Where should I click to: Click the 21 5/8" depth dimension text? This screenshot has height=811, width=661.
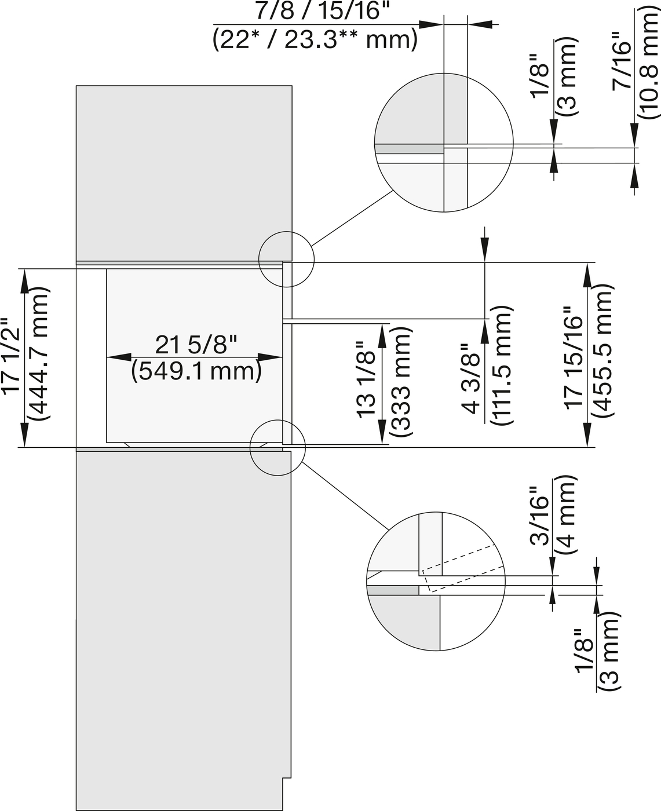click(196, 346)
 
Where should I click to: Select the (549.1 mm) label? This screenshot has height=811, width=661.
click(196, 371)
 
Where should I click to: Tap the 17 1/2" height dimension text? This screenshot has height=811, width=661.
click(12, 356)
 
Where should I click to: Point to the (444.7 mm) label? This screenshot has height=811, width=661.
click(39, 356)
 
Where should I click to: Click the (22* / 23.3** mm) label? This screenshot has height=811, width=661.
click(315, 39)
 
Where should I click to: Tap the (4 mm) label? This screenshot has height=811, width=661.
click(566, 516)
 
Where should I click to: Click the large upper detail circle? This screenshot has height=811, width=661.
click(444, 143)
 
